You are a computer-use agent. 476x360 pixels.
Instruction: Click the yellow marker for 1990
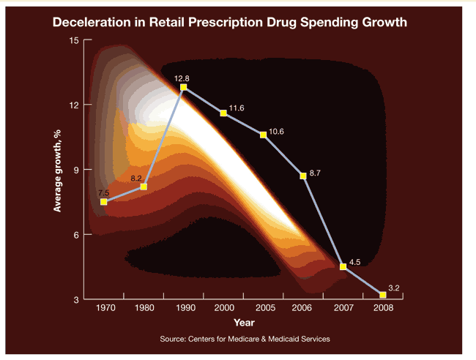pos(183,87)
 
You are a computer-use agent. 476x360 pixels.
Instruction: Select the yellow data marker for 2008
pos(382,295)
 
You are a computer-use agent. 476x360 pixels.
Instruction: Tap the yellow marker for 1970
pos(104,201)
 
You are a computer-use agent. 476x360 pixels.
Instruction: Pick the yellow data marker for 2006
pos(303,176)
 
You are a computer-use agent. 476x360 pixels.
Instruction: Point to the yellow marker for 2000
pos(223,113)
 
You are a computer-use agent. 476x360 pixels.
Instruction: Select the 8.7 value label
pos(317,172)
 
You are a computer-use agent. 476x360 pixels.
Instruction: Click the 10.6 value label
pos(276,131)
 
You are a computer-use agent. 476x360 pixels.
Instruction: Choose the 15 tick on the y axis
pos(75,40)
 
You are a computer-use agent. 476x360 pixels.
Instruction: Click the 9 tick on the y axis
pos(77,169)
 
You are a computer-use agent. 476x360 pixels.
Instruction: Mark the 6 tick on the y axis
pos(77,234)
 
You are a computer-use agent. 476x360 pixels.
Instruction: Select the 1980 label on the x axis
pos(144,308)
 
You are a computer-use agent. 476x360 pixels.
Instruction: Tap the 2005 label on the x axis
pos(263,308)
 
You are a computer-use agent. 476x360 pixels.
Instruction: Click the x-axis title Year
pos(244,322)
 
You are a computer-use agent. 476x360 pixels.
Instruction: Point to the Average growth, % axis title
pos(57,168)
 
